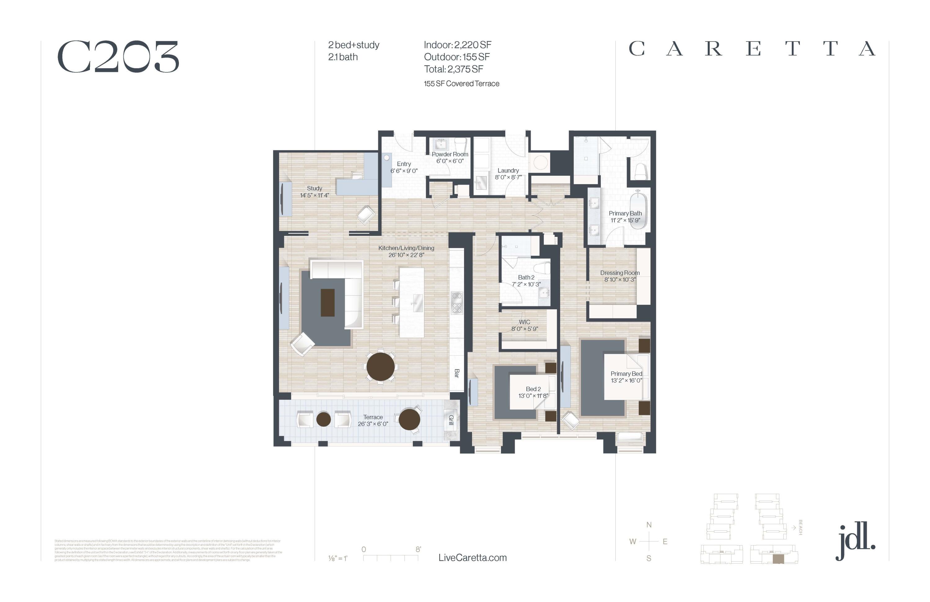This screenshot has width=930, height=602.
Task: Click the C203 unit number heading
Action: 118,57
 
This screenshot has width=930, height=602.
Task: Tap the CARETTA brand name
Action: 752,49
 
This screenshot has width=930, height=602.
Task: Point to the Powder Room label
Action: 450,154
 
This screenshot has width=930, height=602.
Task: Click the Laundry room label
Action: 508,171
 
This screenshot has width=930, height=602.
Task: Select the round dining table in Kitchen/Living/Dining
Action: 381,367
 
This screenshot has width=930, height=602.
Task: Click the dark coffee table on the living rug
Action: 327,303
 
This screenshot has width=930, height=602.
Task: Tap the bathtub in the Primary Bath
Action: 639,209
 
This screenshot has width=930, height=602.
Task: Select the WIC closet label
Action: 525,322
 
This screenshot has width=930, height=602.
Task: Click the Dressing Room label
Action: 620,273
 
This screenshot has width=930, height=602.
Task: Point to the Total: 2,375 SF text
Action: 453,69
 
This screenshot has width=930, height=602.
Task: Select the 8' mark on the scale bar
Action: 418,549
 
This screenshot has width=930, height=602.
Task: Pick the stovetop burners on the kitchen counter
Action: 457,303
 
